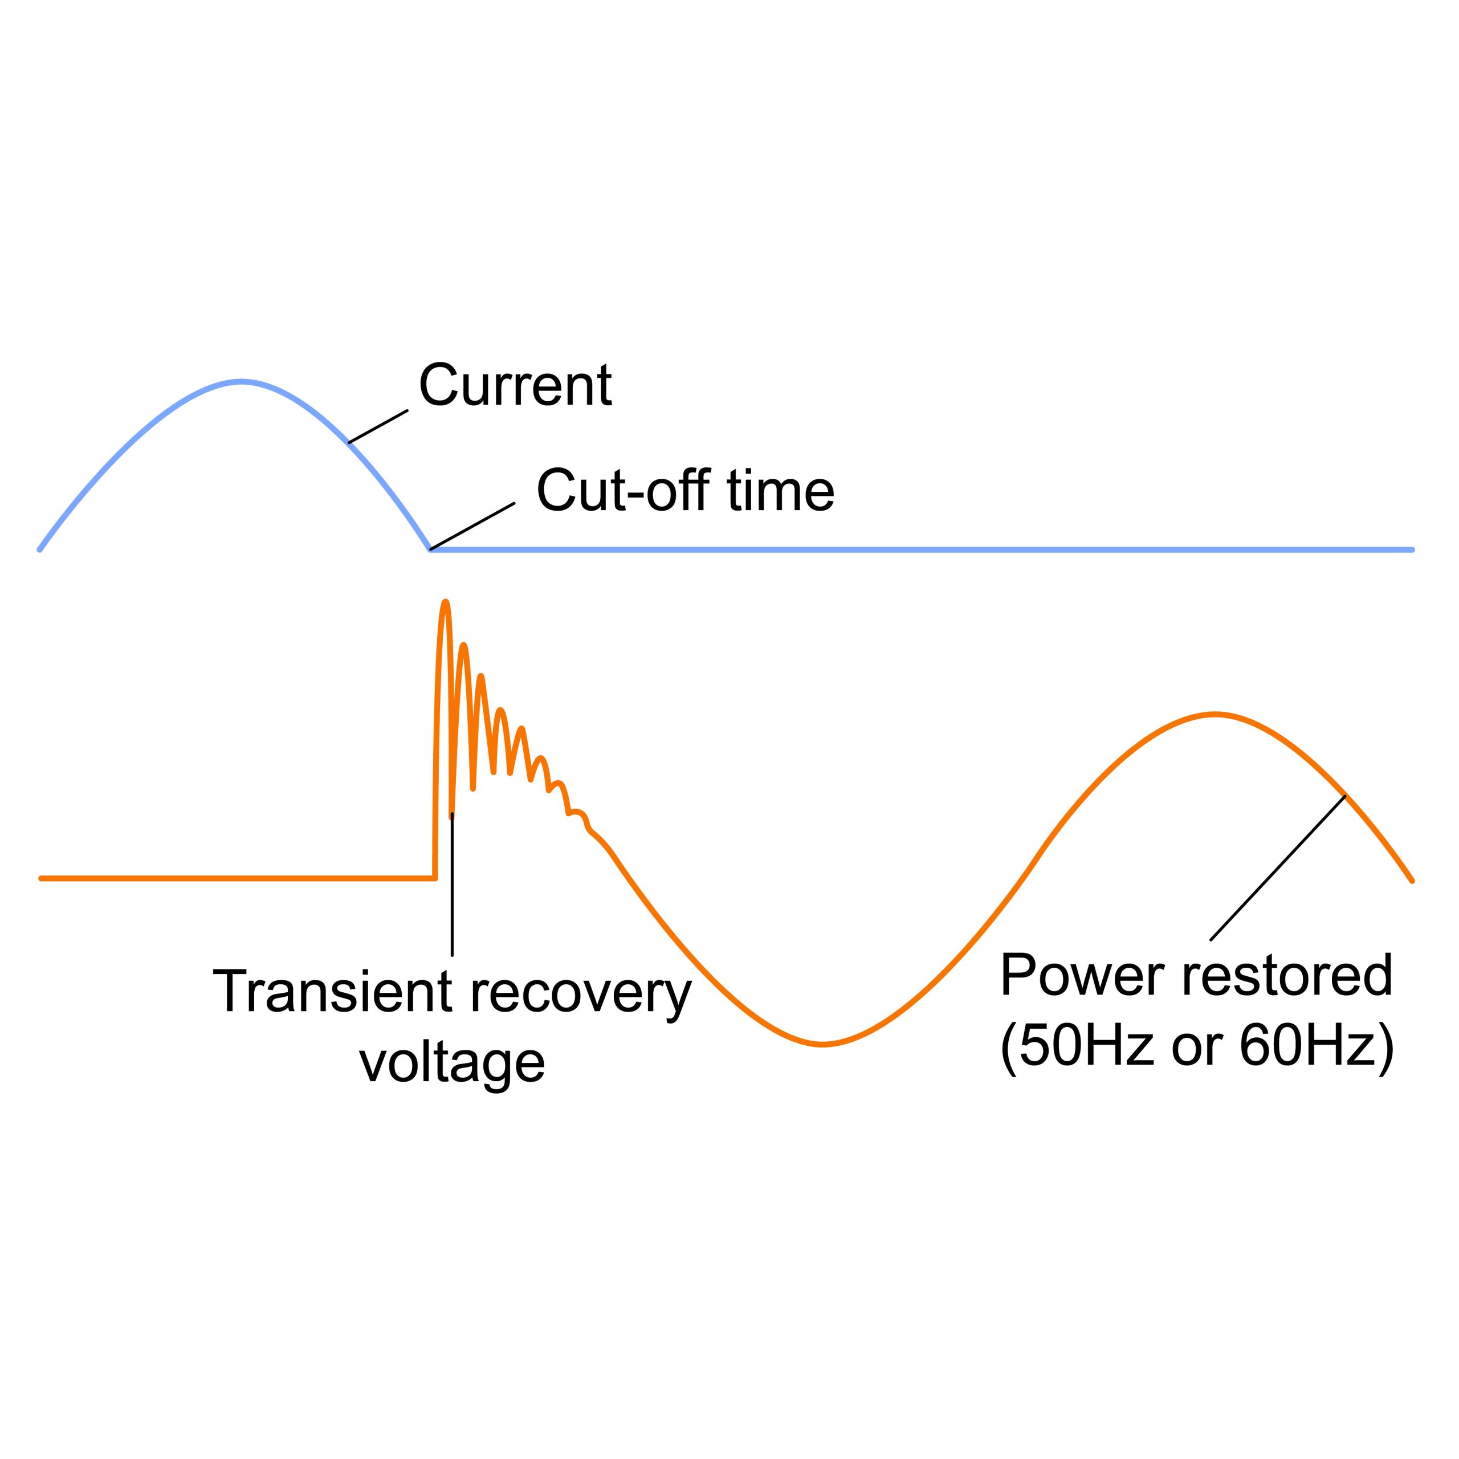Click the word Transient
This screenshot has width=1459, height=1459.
(x=333, y=991)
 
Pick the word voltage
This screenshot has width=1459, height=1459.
(x=451, y=1064)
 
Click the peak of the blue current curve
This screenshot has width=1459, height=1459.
(x=242, y=382)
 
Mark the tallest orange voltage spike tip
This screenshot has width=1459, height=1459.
(x=446, y=602)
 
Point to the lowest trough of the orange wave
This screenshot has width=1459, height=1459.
(x=822, y=1045)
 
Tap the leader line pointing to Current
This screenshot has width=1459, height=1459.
(x=378, y=427)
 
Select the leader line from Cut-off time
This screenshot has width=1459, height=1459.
(x=472, y=527)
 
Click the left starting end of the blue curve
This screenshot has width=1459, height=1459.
(x=40, y=550)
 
